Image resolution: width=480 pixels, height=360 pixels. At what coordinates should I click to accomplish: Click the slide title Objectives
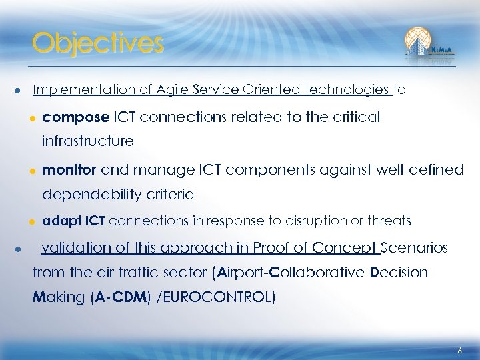(97, 43)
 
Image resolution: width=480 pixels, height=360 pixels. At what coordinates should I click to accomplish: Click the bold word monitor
(69, 170)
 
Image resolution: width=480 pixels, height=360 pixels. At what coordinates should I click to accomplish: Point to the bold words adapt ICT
(73, 221)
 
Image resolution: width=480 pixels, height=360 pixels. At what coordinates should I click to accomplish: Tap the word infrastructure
(87, 141)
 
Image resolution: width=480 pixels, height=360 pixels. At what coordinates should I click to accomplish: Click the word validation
(75, 248)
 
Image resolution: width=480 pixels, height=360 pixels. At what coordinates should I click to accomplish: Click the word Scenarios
(415, 248)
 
